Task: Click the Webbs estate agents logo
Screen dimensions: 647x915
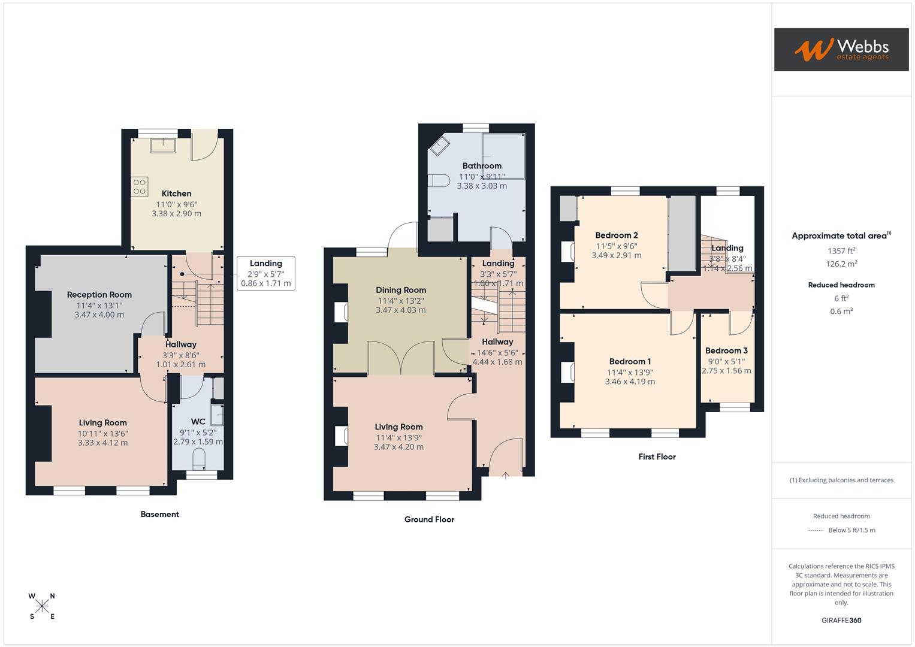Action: pos(841,50)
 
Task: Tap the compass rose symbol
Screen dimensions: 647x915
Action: pos(42,606)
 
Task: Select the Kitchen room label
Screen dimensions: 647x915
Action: pos(177,194)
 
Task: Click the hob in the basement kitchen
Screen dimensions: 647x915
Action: pos(140,187)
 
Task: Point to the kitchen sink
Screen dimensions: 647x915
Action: pos(162,146)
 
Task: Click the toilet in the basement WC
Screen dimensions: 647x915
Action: pos(198,459)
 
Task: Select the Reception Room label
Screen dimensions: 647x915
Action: pos(99,295)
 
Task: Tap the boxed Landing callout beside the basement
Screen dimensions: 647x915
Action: pos(265,273)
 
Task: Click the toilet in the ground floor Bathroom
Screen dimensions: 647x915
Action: pos(440,180)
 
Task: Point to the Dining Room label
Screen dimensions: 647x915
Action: pos(401,290)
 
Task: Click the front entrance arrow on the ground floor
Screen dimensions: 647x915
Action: pos(505,476)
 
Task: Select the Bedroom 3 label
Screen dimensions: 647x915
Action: pos(726,350)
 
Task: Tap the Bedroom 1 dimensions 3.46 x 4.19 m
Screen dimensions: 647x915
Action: pos(630,382)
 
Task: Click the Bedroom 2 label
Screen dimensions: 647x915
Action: pos(617,235)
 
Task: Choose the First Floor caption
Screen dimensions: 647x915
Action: pos(657,456)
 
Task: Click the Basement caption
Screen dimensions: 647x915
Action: pos(159,514)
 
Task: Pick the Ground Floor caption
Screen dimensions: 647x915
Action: pos(429,519)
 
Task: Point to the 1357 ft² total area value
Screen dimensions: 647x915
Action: pos(841,251)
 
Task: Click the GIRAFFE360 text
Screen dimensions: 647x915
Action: pos(841,621)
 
